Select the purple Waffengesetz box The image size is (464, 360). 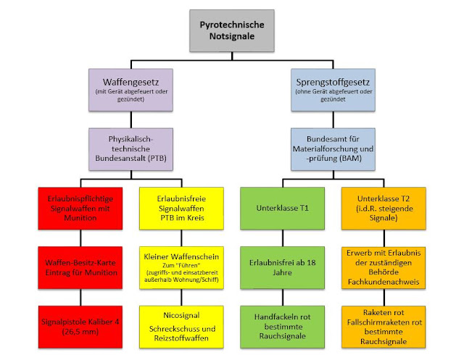click(x=131, y=89)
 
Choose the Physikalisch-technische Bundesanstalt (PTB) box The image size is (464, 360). click(x=131, y=148)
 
